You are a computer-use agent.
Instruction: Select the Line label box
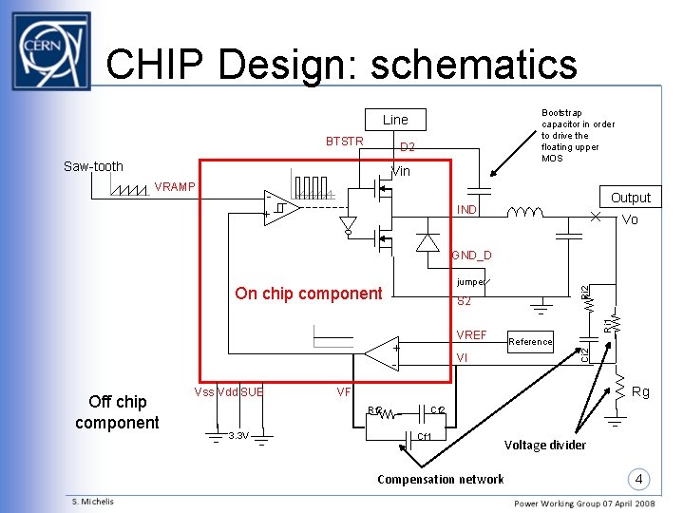point(395,120)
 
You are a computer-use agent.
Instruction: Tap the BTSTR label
point(345,142)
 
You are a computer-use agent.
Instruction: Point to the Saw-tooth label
point(93,166)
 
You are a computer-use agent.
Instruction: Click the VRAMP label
point(173,186)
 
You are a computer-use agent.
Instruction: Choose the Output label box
point(630,198)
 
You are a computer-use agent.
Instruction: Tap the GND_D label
point(471,256)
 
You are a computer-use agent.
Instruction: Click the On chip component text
point(308,294)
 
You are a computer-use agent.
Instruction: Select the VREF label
point(471,335)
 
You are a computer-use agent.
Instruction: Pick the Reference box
point(530,342)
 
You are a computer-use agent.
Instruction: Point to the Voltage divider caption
point(544,445)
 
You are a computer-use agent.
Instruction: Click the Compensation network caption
point(440,479)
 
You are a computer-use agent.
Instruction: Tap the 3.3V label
point(237,436)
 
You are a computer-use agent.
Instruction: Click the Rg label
point(640,391)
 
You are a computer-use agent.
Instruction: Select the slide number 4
point(641,477)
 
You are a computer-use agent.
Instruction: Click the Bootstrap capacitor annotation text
point(578,135)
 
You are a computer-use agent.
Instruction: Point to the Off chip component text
point(117,412)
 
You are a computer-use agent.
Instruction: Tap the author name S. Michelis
point(92,502)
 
